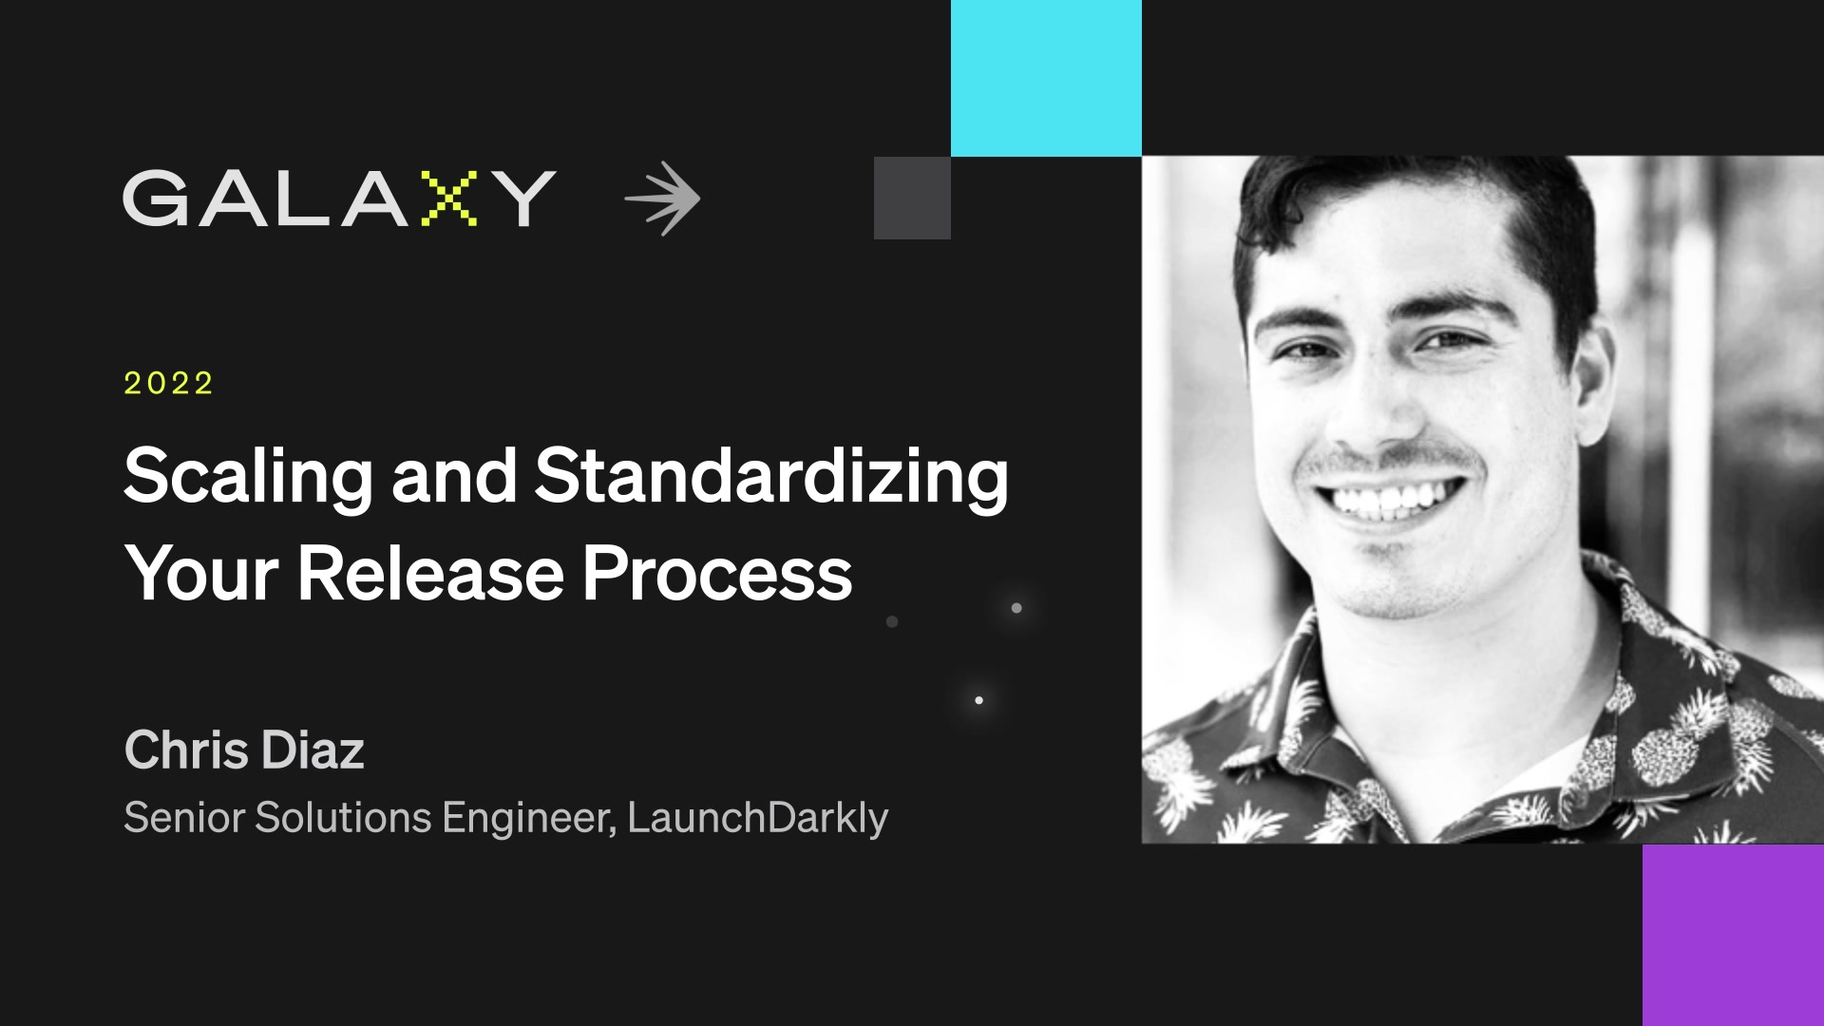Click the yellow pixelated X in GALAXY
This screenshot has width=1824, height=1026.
point(448,199)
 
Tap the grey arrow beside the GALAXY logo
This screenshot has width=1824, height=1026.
point(663,199)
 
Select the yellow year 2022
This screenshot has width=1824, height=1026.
point(169,383)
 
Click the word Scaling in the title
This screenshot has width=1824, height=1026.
point(248,477)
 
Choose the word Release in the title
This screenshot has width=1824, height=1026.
point(430,574)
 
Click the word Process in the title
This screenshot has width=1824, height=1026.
point(717,574)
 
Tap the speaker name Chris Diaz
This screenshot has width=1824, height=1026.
point(244,750)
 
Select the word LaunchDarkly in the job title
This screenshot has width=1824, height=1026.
point(757,817)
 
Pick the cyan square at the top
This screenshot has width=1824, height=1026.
point(1046,78)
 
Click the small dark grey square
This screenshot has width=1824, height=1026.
point(912,198)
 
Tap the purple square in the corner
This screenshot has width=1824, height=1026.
point(1733,935)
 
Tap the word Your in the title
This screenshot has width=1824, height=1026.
point(201,574)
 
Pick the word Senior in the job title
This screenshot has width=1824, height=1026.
point(184,817)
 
